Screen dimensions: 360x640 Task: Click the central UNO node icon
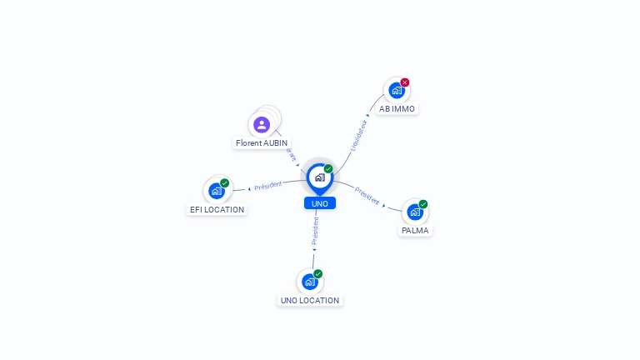[319, 177]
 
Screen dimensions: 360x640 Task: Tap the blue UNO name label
[320, 203]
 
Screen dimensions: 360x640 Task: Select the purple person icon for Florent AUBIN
[262, 125]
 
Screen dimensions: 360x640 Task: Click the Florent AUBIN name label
[262, 143]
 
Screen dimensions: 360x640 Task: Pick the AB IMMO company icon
[396, 90]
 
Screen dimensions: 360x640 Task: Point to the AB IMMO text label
[397, 109]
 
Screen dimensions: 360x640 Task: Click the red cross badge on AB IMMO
[405, 82]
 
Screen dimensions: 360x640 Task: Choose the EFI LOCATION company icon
[216, 191]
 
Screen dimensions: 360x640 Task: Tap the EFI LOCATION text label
[217, 210]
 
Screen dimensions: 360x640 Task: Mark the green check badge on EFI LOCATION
[225, 182]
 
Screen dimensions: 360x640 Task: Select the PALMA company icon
[414, 212]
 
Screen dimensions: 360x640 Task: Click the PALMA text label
[415, 231]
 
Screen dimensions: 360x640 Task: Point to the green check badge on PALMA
[423, 204]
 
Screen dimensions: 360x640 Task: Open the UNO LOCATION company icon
[309, 282]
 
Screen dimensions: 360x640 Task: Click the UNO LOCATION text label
[310, 301]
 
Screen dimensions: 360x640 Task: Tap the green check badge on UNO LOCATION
[318, 273]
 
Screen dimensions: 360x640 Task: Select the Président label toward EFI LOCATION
[268, 185]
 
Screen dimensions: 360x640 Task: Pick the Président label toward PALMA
[367, 195]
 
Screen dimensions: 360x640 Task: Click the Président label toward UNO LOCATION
[315, 231]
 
